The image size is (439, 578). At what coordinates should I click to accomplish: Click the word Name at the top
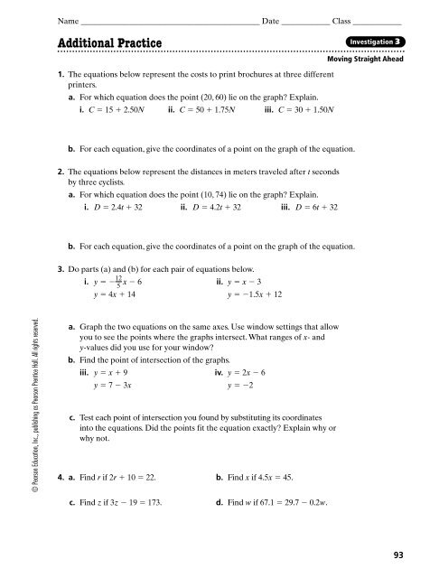[66, 19]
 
